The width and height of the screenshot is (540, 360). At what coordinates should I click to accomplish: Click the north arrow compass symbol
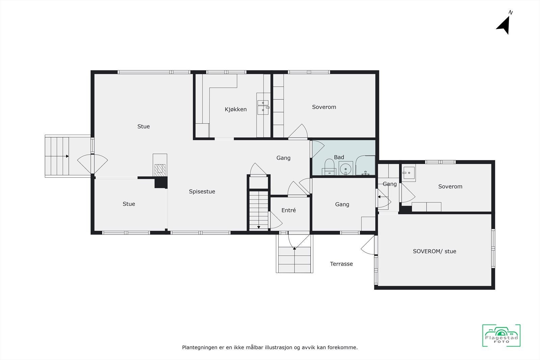click(504, 25)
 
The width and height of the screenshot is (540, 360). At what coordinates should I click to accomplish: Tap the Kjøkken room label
click(236, 109)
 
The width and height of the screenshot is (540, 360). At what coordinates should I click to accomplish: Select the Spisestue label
click(202, 192)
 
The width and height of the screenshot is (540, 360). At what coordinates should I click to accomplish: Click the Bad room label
click(339, 157)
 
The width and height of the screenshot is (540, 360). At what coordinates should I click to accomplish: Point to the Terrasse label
click(341, 264)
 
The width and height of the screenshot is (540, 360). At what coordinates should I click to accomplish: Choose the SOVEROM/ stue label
click(434, 251)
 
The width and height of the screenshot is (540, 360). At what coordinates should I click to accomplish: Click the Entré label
click(289, 210)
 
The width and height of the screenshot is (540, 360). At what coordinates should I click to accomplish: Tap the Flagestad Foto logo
click(501, 335)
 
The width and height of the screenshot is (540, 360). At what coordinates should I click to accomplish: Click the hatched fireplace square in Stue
click(160, 169)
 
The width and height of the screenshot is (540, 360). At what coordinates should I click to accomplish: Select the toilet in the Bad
click(329, 167)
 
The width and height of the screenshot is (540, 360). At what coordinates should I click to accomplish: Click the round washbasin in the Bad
click(345, 168)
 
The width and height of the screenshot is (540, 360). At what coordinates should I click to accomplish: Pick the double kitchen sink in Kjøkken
click(263, 106)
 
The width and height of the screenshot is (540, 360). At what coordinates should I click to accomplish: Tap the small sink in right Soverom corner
click(409, 173)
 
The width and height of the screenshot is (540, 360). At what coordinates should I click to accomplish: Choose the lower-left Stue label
click(129, 204)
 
